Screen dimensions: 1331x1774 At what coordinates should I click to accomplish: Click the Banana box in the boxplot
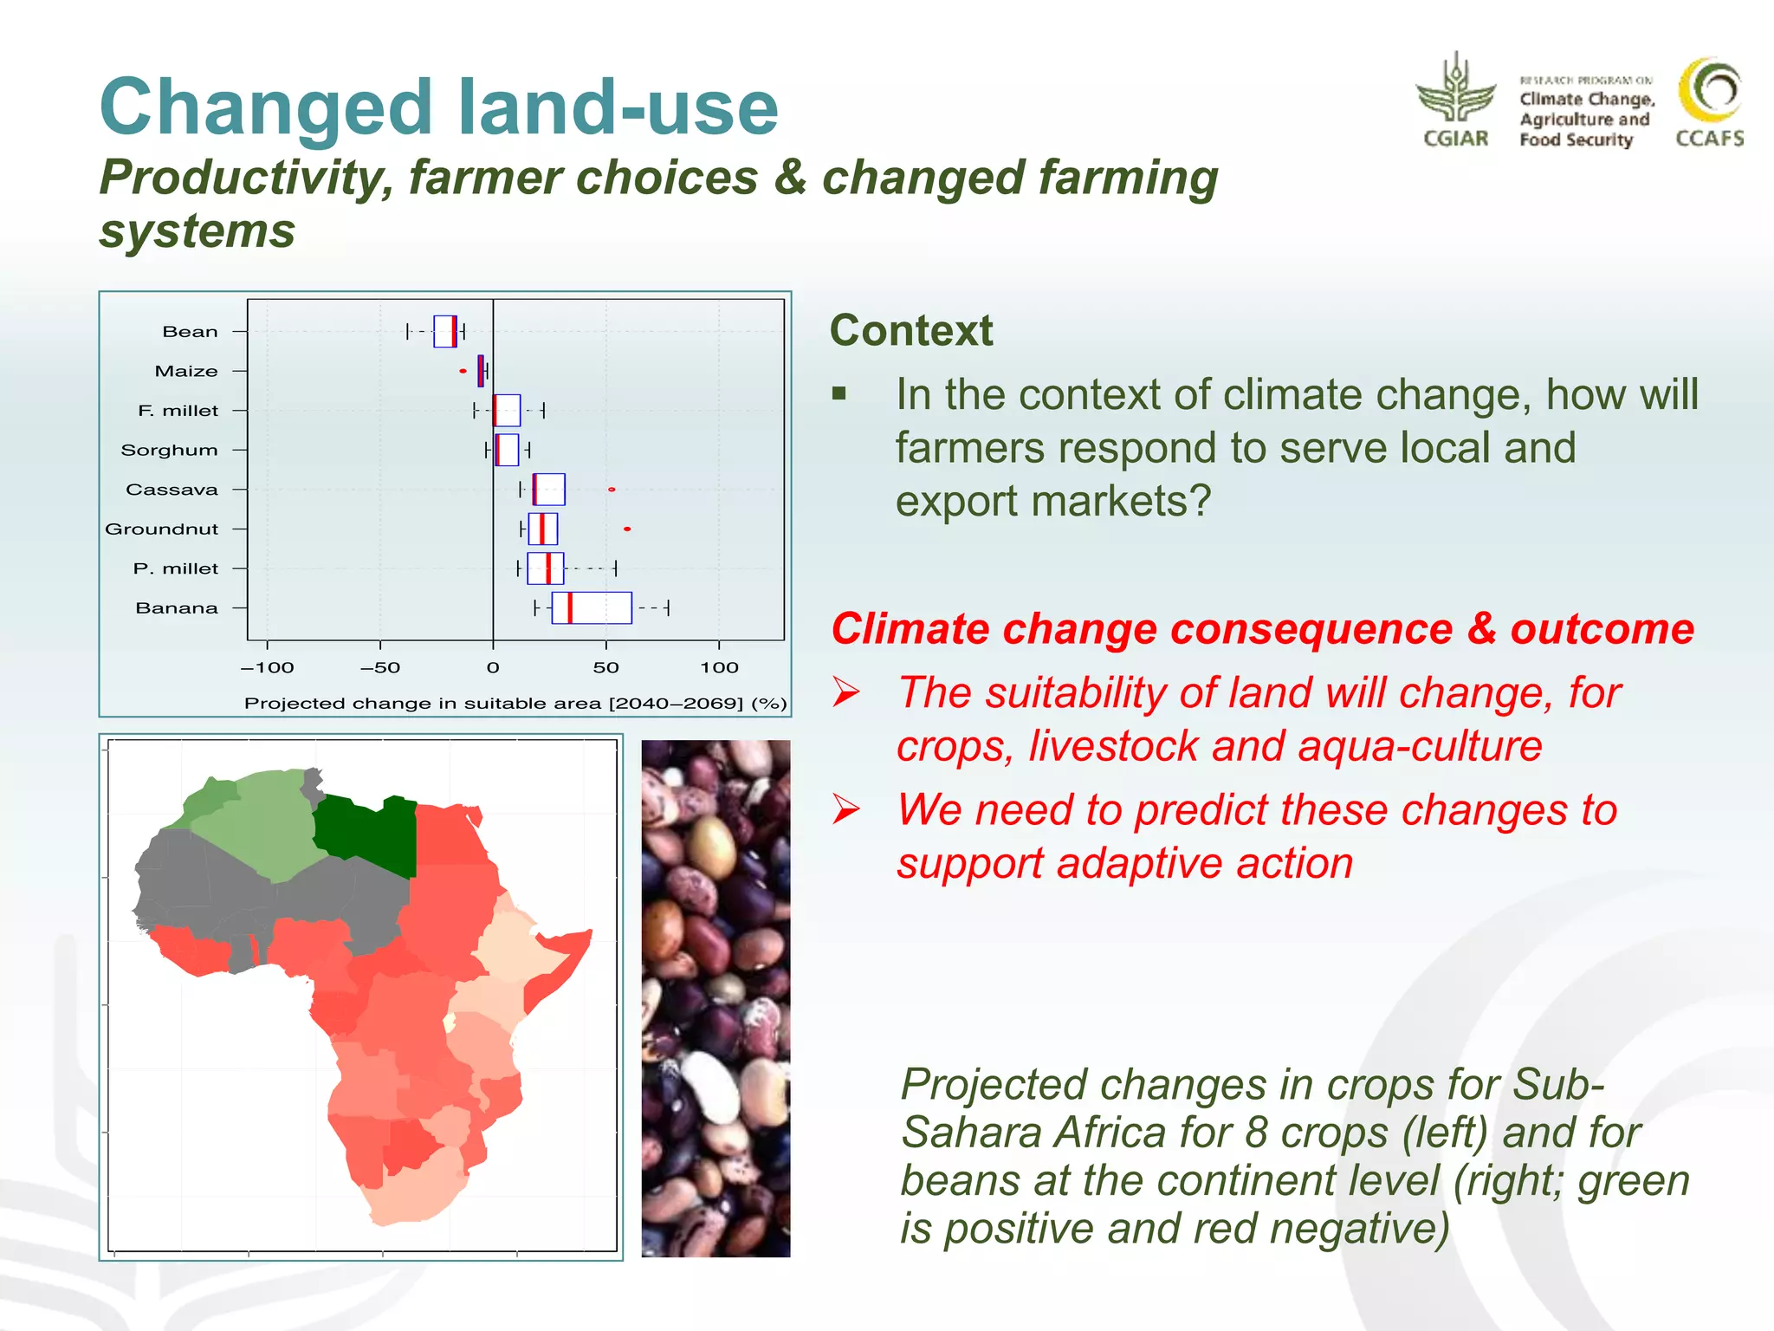pyautogui.click(x=592, y=607)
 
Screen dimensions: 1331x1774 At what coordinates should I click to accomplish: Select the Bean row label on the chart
pyautogui.click(x=190, y=332)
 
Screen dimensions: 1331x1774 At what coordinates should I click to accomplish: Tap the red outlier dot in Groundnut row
pyautogui.click(x=627, y=529)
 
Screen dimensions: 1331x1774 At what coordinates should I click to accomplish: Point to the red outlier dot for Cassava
pyautogui.click(x=612, y=490)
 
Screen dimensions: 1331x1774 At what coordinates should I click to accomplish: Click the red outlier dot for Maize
pyautogui.click(x=463, y=371)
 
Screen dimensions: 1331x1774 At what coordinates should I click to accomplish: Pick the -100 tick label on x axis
pyautogui.click(x=267, y=667)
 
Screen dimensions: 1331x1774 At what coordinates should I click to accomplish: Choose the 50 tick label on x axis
pyautogui.click(x=605, y=667)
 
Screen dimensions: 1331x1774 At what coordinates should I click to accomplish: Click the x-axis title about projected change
pyautogui.click(x=515, y=703)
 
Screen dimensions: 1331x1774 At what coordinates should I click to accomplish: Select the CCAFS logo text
pyautogui.click(x=1709, y=139)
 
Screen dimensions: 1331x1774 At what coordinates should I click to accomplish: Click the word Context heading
pyautogui.click(x=911, y=330)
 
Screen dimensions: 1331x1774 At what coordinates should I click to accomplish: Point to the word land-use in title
pyautogui.click(x=618, y=107)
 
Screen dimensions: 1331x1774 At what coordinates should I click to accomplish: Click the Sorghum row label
pyautogui.click(x=170, y=450)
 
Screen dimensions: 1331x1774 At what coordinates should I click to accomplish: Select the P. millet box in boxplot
pyautogui.click(x=546, y=568)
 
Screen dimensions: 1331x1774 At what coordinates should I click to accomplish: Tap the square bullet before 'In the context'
pyautogui.click(x=838, y=394)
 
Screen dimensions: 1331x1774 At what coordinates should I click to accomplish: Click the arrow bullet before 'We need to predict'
pyautogui.click(x=846, y=809)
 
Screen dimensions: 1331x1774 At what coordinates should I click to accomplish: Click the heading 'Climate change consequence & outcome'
pyautogui.click(x=1262, y=628)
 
